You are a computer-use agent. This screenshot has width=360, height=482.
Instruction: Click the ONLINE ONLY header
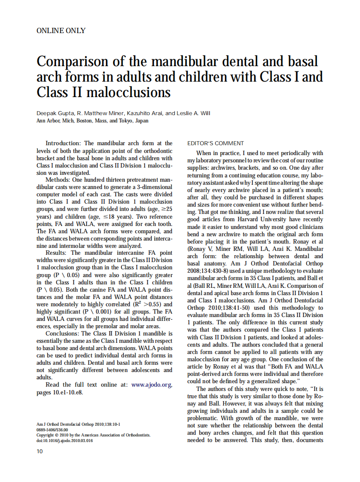click(61, 31)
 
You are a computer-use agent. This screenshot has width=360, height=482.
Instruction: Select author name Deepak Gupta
click(56, 113)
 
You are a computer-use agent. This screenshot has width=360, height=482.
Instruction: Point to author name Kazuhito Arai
click(144, 113)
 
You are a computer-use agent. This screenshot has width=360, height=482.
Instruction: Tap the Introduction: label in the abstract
click(63, 143)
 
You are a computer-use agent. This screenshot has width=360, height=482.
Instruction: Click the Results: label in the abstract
click(57, 253)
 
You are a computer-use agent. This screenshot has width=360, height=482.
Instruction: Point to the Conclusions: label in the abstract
click(62, 333)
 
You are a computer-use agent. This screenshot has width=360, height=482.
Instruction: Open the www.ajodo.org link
click(152, 385)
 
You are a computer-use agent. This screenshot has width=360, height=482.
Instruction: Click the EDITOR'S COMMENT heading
click(216, 143)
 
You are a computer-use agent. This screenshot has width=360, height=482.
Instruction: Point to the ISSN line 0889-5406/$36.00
click(52, 430)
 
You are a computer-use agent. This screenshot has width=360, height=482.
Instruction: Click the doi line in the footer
click(64, 440)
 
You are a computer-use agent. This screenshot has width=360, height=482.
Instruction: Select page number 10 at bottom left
click(40, 451)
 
